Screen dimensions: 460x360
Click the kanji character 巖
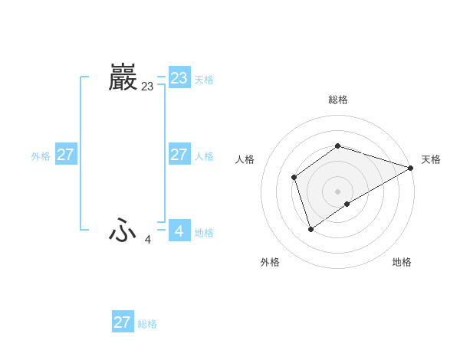pyautogui.click(x=123, y=77)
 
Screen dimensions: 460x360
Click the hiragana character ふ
pyautogui.click(x=123, y=230)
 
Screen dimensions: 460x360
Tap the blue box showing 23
pyautogui.click(x=179, y=77)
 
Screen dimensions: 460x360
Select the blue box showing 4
pyautogui.click(x=179, y=230)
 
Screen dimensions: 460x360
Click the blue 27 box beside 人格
pyautogui.click(x=179, y=155)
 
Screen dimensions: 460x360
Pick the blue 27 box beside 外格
pyautogui.click(x=65, y=155)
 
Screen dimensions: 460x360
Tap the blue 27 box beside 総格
pyautogui.click(x=122, y=322)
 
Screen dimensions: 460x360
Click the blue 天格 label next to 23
pyautogui.click(x=204, y=80)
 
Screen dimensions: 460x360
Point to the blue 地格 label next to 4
pyautogui.click(x=204, y=233)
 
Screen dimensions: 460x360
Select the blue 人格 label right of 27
pyautogui.click(x=204, y=156)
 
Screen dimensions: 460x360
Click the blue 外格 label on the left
pyautogui.click(x=41, y=156)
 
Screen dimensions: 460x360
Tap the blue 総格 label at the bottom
pyautogui.click(x=147, y=325)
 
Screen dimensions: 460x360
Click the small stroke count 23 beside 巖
pyautogui.click(x=147, y=87)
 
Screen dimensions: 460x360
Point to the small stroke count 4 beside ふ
pyautogui.click(x=148, y=240)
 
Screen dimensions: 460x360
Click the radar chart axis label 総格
pyautogui.click(x=337, y=100)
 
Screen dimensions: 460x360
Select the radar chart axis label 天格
pyautogui.click(x=431, y=159)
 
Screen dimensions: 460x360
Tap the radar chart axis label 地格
pyautogui.click(x=402, y=263)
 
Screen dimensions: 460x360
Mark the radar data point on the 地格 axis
pyautogui.click(x=347, y=204)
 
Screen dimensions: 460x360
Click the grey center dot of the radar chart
pyautogui.click(x=337, y=191)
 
